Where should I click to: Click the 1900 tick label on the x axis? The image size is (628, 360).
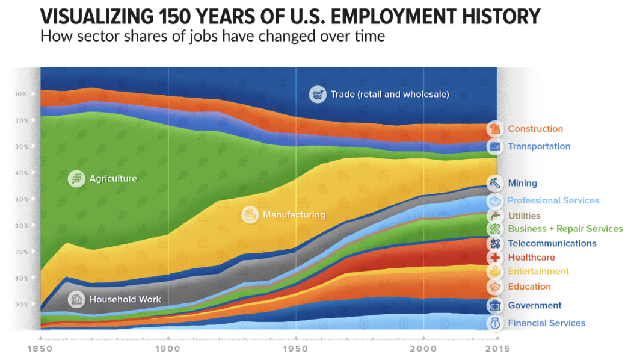coord(168,349)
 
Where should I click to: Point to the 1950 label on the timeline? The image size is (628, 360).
coord(295,349)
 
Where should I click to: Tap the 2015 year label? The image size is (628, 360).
coord(496,349)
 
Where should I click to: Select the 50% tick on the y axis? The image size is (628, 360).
coord(21,199)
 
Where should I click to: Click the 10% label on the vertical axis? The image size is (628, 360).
coord(21,94)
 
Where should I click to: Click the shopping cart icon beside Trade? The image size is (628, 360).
coord(317,94)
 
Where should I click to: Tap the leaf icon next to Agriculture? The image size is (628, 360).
coord(76,178)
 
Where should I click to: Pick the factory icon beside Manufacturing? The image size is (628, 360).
coord(250,214)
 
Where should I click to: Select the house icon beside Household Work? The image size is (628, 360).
coord(76,299)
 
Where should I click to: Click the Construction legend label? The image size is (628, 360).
coord(535,129)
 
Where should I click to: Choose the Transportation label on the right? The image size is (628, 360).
coord(539,146)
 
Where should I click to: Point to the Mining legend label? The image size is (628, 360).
coord(522,183)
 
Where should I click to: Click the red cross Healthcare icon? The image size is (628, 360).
coord(495,258)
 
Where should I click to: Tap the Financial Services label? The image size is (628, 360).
coord(546,323)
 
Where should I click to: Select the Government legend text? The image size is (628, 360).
coord(535,305)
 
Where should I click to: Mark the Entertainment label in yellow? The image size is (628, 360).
coord(538,272)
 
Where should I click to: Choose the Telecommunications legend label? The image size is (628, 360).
coord(552,243)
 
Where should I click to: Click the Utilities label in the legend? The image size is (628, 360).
coord(524,216)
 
